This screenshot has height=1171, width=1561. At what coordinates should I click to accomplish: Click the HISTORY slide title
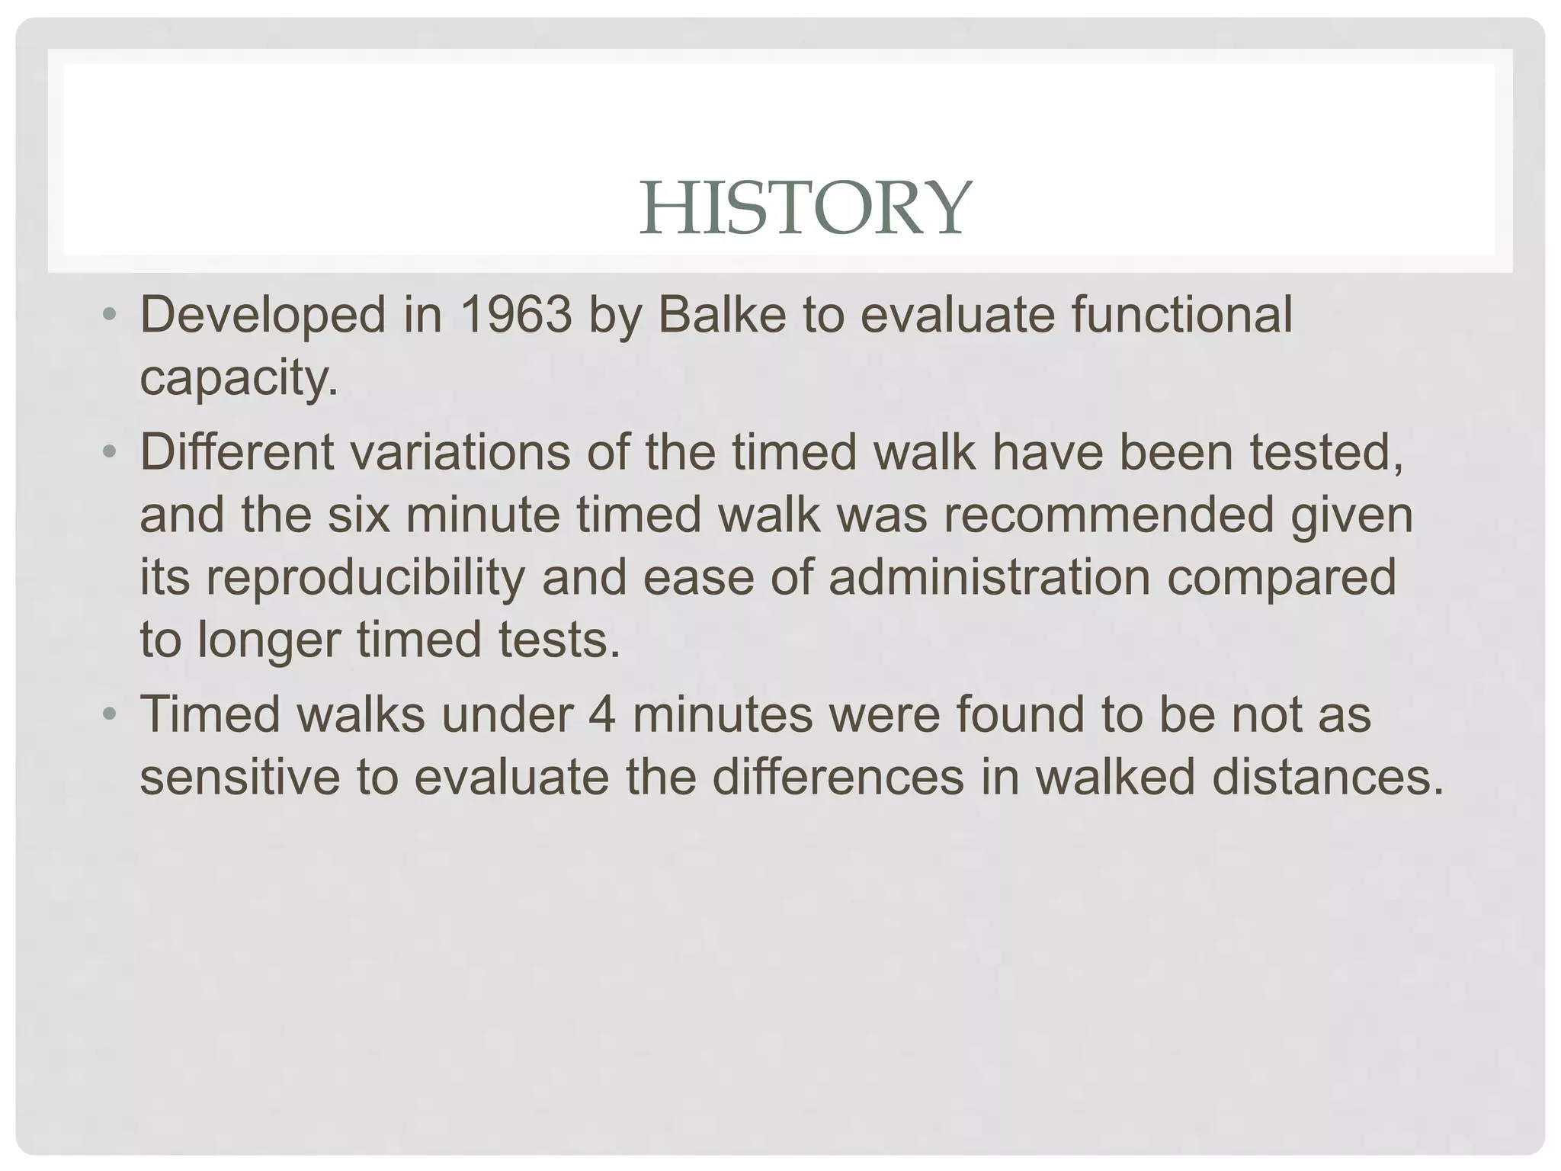coord(805,207)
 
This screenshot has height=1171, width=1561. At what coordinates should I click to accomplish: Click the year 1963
coord(516,314)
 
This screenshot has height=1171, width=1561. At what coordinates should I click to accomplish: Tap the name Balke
coord(721,314)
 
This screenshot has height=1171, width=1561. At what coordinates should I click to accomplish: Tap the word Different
coord(237,451)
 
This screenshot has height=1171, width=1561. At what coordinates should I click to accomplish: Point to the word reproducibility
coord(332,578)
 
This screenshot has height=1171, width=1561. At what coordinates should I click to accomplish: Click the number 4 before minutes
coord(601,714)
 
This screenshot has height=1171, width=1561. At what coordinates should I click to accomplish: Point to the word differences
coord(838,777)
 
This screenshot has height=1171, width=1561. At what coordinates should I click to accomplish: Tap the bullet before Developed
coord(110,314)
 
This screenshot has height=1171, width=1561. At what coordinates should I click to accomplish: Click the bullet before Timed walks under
coord(110,714)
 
